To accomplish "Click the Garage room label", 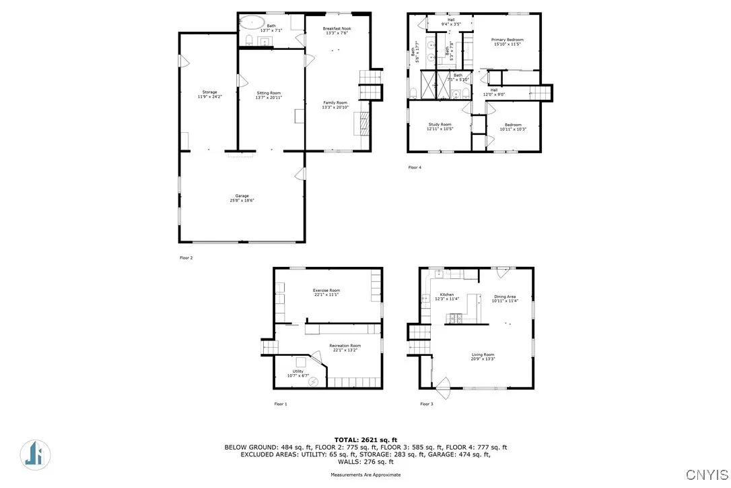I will [242, 198].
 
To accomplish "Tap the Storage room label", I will [209, 94].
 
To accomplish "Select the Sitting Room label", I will [269, 95].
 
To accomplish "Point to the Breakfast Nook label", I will [337, 30].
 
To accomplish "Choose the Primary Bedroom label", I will [507, 42].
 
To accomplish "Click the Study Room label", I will [440, 126].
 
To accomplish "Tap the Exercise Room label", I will [326, 292].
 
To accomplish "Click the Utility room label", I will [295, 373].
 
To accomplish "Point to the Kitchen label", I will [447, 297].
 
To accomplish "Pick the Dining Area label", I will [505, 299].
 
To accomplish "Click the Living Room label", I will [483, 357].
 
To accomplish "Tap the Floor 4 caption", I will [415, 166].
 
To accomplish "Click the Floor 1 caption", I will [280, 404].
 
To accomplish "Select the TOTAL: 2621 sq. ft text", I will [365, 439].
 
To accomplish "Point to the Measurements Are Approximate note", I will [365, 475].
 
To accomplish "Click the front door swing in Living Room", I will [442, 387].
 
